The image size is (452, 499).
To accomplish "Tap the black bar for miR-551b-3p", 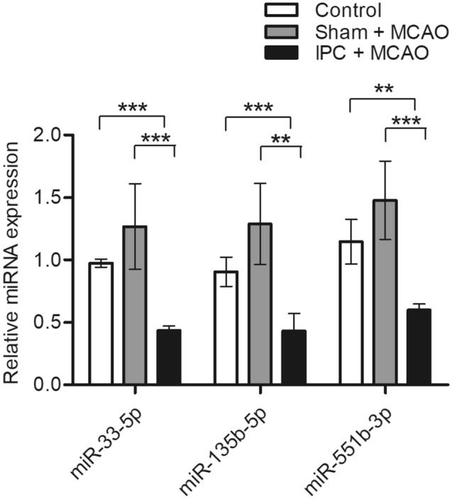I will [419, 347].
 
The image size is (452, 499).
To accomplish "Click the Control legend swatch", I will [278, 10].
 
